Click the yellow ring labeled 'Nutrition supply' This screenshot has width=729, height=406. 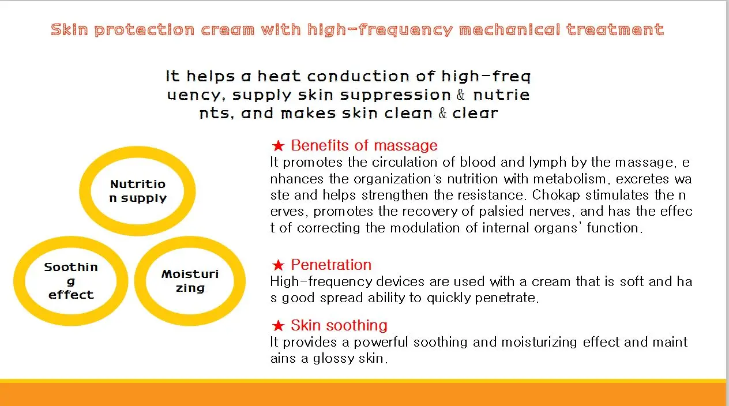pyautogui.click(x=138, y=191)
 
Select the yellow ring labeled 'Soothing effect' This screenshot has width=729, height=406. pyautogui.click(x=72, y=281)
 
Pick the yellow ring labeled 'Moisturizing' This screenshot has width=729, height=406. pyautogui.click(x=190, y=281)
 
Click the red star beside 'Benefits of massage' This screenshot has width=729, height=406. pyautogui.click(x=278, y=146)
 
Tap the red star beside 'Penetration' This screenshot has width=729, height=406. pyautogui.click(x=278, y=266)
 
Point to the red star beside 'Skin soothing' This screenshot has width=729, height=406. pyautogui.click(x=278, y=326)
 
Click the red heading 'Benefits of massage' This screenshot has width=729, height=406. pyautogui.click(x=364, y=145)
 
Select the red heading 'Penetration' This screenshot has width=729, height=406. pyautogui.click(x=331, y=265)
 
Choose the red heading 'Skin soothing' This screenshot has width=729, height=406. pyautogui.click(x=339, y=325)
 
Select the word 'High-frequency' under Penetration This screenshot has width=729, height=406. pyautogui.click(x=321, y=282)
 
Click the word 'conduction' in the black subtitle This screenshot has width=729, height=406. pyautogui.click(x=354, y=76)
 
